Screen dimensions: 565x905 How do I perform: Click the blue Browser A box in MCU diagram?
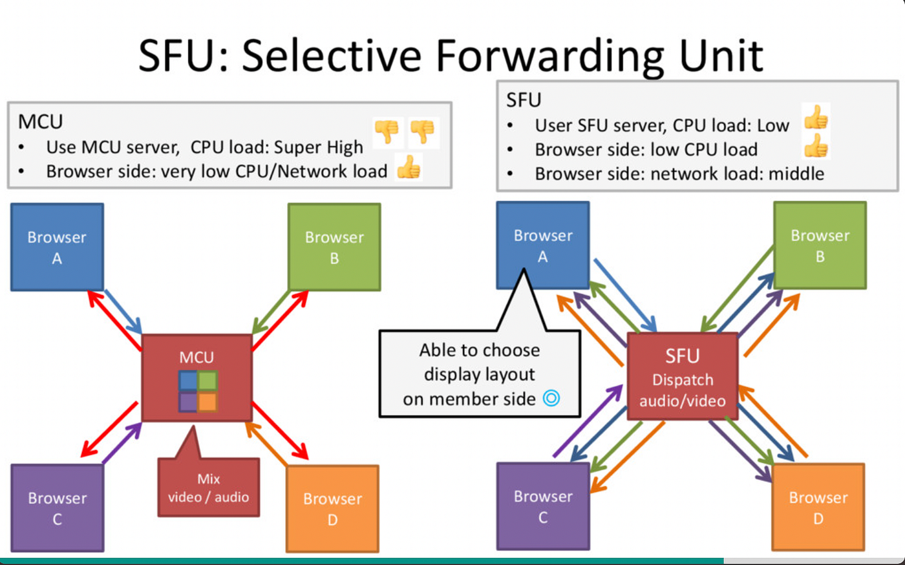pyautogui.click(x=57, y=247)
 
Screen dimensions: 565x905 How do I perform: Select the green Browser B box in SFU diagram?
pyautogui.click(x=820, y=245)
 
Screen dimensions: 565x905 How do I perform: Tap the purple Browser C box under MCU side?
pyautogui.click(x=57, y=508)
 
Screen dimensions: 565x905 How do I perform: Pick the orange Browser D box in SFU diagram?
pyautogui.click(x=818, y=507)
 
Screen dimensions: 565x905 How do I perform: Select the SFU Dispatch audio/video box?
pyautogui.click(x=682, y=377)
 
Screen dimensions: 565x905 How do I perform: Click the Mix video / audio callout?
pyautogui.click(x=208, y=488)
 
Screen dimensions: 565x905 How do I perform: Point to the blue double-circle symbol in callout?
pyautogui.click(x=551, y=398)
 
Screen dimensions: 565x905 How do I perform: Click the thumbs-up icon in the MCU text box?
pyautogui.click(x=409, y=168)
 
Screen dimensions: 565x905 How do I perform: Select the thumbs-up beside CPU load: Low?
pyautogui.click(x=816, y=118)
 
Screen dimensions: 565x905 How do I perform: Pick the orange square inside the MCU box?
pyautogui.click(x=208, y=402)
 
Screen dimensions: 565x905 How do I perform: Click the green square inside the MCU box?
pyautogui.click(x=208, y=381)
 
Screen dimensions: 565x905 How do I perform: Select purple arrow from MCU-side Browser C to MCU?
pyautogui.click(x=122, y=443)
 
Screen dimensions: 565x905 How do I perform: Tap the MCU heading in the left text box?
pyautogui.click(x=40, y=121)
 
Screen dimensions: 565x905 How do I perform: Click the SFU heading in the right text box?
pyautogui.click(x=523, y=100)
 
